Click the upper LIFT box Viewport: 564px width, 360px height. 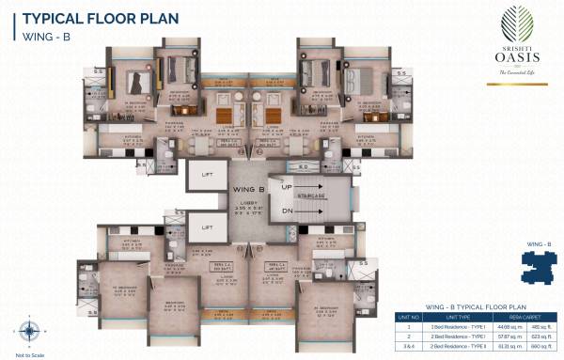206,174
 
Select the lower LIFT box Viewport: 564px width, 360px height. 206,227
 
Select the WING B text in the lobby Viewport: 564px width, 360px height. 249,188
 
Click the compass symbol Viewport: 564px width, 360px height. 25,331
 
